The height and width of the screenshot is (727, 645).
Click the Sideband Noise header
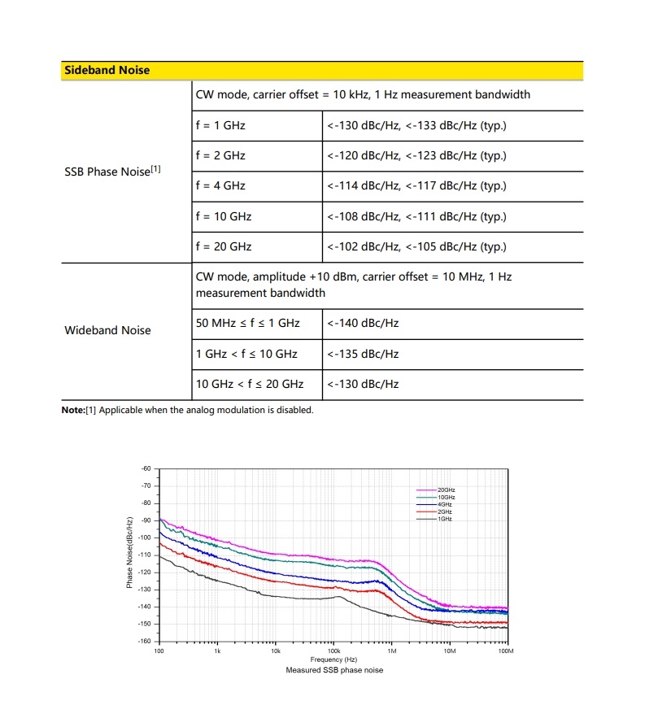(107, 71)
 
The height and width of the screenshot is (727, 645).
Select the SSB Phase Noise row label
(112, 171)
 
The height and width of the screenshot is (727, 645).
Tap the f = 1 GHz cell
(220, 125)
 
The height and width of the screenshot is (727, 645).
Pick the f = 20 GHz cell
(224, 246)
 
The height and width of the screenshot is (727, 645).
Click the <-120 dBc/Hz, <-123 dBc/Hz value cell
(416, 155)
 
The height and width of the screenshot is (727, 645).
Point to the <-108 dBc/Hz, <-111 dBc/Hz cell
(416, 216)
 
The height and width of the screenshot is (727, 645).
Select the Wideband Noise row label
(107, 330)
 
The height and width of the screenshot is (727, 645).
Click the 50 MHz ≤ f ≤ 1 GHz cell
(248, 323)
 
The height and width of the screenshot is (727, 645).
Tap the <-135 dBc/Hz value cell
(363, 354)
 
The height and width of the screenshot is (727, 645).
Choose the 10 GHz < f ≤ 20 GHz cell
(250, 384)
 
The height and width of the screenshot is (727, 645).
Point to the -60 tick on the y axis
(146, 468)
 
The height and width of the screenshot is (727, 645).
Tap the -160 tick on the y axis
(146, 641)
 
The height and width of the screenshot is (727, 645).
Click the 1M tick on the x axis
(391, 651)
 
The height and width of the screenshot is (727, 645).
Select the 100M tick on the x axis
(506, 651)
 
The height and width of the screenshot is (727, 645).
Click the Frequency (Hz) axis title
(333, 660)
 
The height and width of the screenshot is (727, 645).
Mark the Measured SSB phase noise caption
(334, 670)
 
